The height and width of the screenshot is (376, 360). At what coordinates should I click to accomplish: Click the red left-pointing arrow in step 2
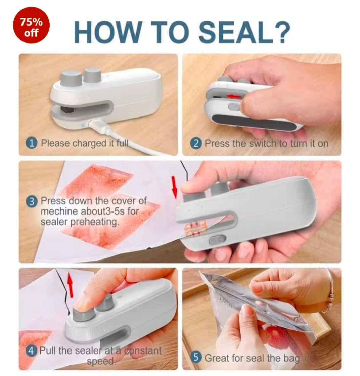pyautogui.click(x=234, y=97)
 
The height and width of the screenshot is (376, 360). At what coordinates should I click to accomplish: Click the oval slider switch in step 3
pyautogui.click(x=215, y=240)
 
